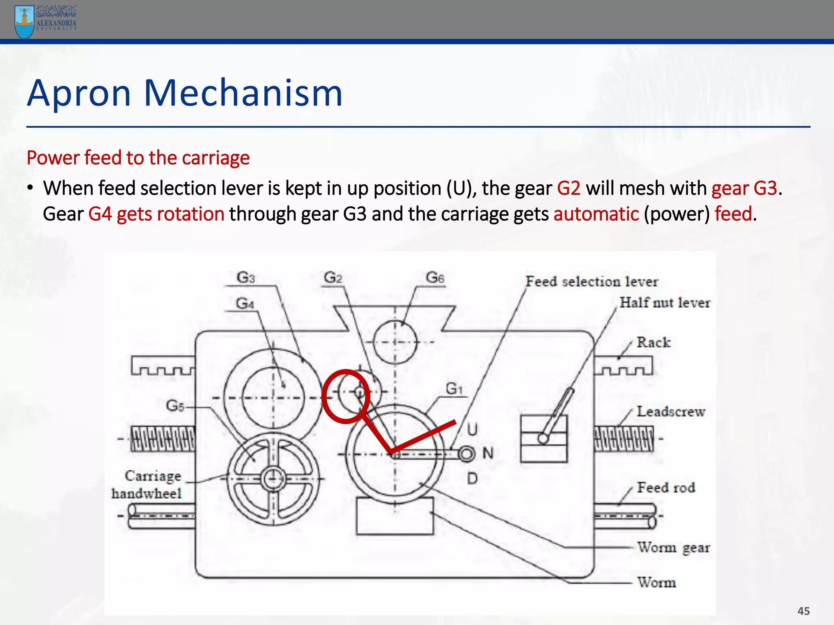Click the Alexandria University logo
[45, 21]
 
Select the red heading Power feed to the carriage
[138, 158]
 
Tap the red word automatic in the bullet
[596, 214]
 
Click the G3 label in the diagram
[246, 278]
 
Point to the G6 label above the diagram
[435, 278]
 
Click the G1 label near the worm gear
[454, 389]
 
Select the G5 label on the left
[175, 406]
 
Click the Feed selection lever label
[591, 282]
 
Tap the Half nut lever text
[665, 303]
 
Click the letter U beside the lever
[472, 429]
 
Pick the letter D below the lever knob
[472, 478]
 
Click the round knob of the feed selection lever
[467, 454]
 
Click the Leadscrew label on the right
[671, 411]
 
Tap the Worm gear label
[673, 548]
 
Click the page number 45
[803, 611]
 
